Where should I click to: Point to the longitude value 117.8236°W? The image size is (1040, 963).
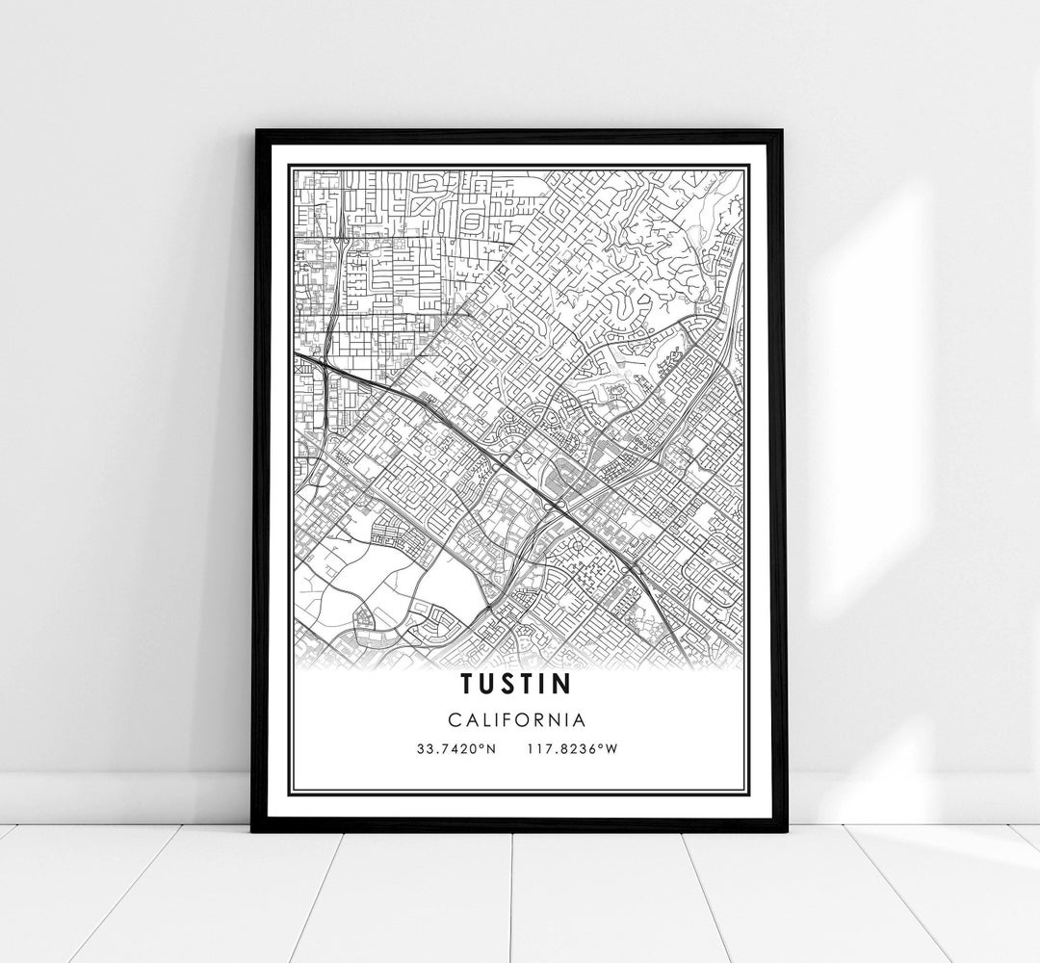pyautogui.click(x=572, y=748)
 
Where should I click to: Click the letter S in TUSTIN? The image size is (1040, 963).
pyautogui.click(x=507, y=683)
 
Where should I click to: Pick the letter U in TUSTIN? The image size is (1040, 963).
pyautogui.click(x=486, y=683)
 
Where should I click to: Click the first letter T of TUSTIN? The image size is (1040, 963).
pyautogui.click(x=466, y=683)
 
